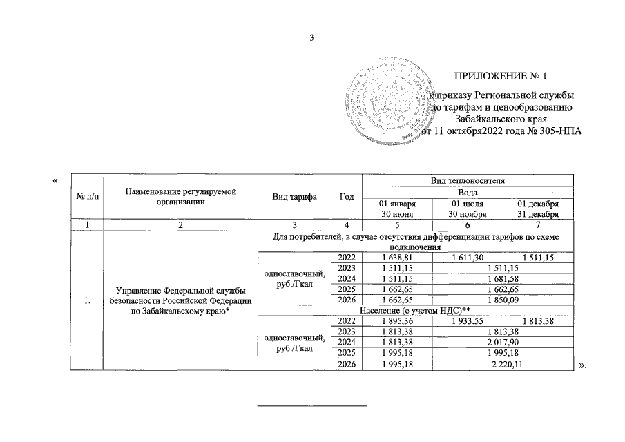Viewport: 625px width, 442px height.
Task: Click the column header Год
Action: click(x=347, y=196)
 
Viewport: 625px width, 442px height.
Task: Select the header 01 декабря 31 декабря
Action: click(x=539, y=209)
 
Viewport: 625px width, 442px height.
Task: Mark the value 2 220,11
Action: click(x=503, y=365)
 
